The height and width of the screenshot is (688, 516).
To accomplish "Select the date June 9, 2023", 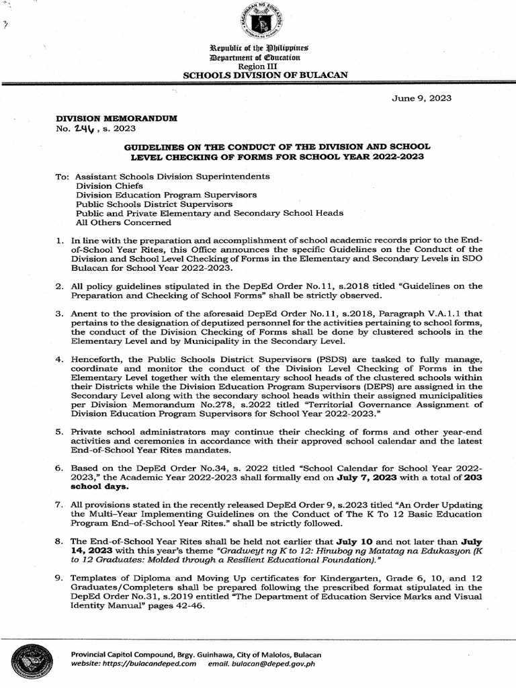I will coord(421,98).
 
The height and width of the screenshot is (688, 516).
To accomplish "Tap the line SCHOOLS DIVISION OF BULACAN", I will coord(265,75).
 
